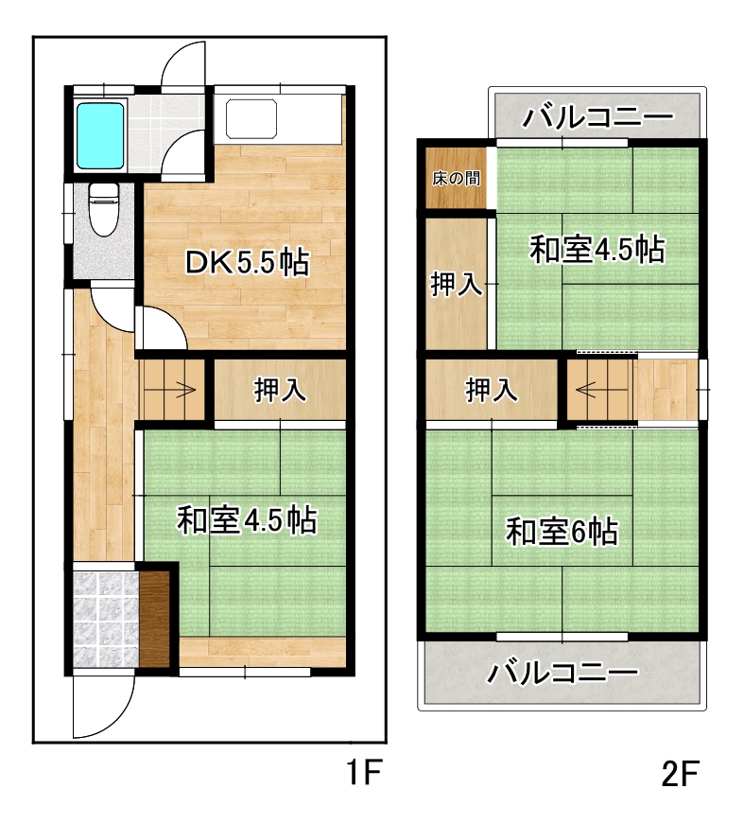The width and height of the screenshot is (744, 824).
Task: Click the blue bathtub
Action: (100, 134)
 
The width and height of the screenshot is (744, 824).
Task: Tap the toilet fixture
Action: (104, 209)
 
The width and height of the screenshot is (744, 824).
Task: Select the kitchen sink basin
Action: (251, 119)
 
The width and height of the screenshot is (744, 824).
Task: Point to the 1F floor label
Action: (364, 773)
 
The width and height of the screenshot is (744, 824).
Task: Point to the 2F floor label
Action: (681, 774)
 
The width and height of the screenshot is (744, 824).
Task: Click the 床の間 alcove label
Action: (456, 179)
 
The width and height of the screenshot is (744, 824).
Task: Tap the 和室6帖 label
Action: (562, 532)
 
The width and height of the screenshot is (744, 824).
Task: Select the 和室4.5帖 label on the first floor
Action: (247, 520)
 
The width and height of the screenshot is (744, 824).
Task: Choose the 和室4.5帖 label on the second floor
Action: (597, 249)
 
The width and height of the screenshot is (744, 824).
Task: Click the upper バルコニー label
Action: (597, 116)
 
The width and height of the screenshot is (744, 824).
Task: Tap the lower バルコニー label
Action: (562, 674)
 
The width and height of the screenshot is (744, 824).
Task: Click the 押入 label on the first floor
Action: (280, 391)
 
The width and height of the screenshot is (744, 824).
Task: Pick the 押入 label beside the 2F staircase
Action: (492, 391)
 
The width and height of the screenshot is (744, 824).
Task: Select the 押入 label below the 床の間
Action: (456, 285)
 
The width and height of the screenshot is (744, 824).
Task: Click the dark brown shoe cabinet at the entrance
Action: (155, 619)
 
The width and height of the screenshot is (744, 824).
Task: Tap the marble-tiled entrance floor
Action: (105, 619)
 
